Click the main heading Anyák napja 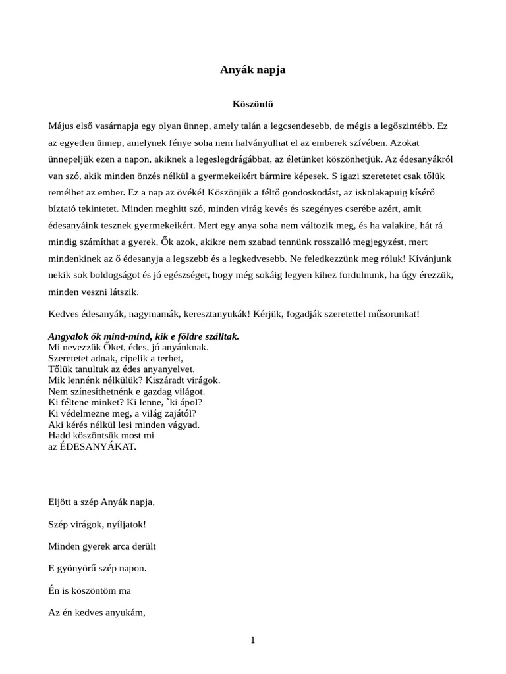[x=253, y=70]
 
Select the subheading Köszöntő [x=253, y=104]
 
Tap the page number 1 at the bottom [x=253, y=641]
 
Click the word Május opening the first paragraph [x=62, y=125]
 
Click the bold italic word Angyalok [x=69, y=336]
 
